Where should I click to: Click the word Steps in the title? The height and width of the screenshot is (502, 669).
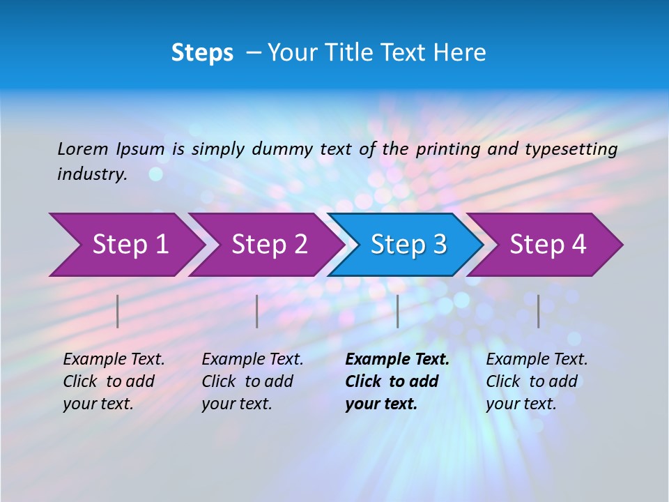(x=202, y=53)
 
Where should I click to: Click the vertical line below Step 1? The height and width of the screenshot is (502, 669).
(x=118, y=311)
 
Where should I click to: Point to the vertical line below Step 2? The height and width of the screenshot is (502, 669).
(x=257, y=311)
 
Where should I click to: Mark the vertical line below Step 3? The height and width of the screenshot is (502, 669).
(x=398, y=311)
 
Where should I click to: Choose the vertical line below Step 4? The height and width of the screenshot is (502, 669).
(x=539, y=311)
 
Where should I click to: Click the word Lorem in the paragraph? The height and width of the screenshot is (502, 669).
(x=82, y=149)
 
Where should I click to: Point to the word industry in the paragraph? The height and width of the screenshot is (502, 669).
(x=91, y=174)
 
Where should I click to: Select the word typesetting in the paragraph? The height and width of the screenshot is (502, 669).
(x=571, y=149)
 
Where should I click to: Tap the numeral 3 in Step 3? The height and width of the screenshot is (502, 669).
(x=439, y=245)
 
